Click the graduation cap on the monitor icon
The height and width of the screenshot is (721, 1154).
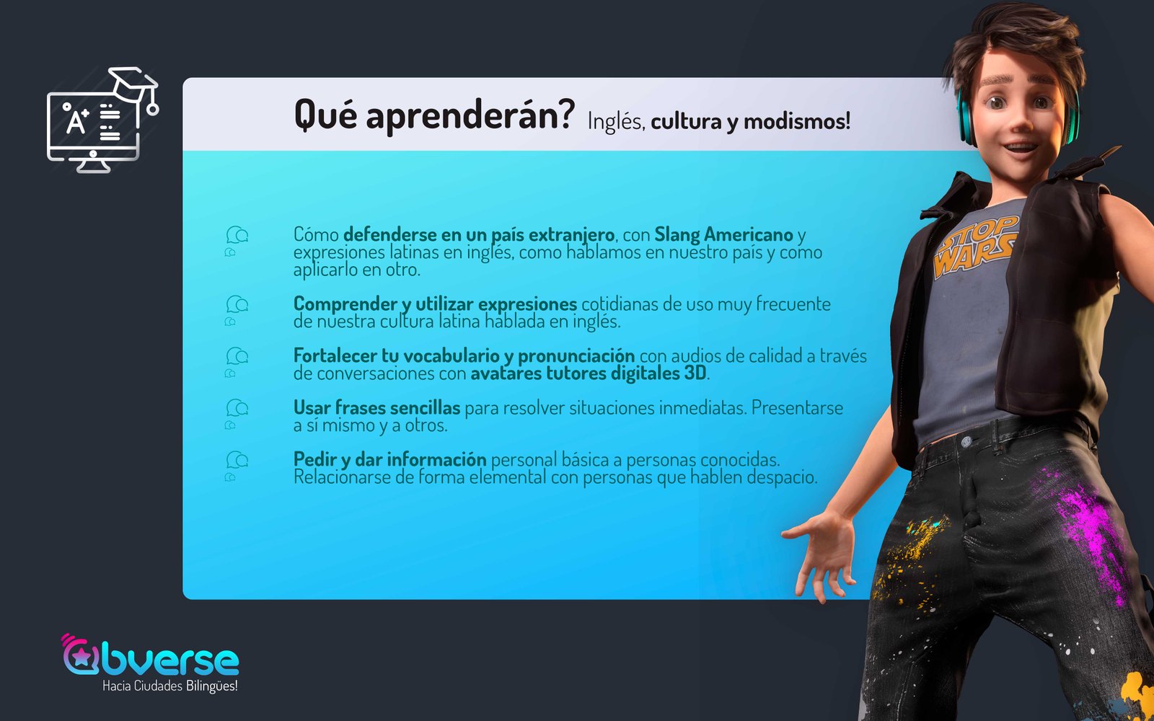[x=133, y=85]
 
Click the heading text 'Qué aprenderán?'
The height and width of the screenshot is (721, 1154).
[x=433, y=115]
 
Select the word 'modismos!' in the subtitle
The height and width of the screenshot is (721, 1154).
[x=797, y=122]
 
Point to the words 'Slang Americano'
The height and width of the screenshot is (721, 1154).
[x=723, y=235]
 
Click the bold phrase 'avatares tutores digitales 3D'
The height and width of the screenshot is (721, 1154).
[x=589, y=373]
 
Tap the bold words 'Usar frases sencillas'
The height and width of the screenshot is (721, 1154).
[x=376, y=408]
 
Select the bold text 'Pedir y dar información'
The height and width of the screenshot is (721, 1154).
[x=390, y=459]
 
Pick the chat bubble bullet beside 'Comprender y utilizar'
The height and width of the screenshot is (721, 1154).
[x=237, y=310]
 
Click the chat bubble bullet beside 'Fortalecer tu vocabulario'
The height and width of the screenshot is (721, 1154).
[x=237, y=362]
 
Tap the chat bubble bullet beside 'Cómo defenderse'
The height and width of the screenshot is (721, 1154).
[x=237, y=241]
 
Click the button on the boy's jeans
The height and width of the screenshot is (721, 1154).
[x=966, y=441]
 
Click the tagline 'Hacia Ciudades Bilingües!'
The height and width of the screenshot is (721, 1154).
[x=170, y=686]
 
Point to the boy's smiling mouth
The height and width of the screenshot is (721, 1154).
[x=1020, y=149]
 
